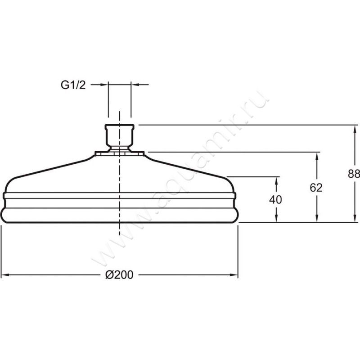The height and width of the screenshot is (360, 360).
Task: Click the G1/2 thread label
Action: (73, 85)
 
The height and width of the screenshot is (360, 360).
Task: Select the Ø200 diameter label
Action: (119, 274)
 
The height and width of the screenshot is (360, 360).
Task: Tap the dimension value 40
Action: (275, 200)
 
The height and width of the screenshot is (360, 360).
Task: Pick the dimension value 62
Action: (316, 188)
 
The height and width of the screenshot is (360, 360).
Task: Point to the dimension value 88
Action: (354, 174)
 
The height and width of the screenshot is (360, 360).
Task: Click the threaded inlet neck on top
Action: (119, 137)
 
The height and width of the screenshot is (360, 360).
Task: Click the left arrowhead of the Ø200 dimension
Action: (5, 274)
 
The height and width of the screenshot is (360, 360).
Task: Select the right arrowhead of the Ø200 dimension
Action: (234, 274)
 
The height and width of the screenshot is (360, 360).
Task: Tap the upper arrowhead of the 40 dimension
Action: (276, 181)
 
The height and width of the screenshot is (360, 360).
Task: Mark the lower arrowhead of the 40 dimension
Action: (276, 218)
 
